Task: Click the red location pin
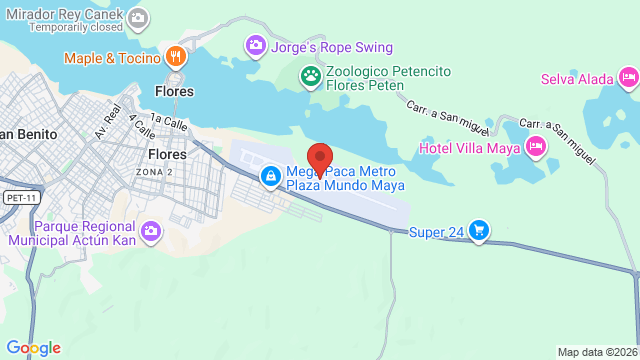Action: click(319, 161)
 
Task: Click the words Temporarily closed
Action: click(75, 28)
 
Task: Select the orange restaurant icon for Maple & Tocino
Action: click(174, 57)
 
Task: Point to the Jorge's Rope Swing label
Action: click(333, 47)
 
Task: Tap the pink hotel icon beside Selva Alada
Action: click(627, 77)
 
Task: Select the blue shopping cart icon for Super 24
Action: click(479, 231)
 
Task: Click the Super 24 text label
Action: click(437, 233)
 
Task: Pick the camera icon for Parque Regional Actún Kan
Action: click(150, 232)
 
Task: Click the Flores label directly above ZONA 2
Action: click(167, 155)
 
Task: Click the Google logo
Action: click(33, 347)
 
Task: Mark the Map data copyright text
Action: click(597, 352)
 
